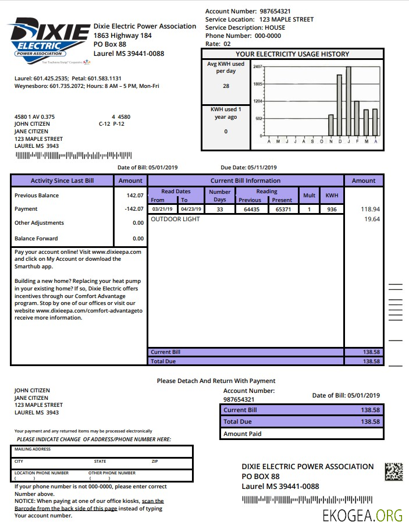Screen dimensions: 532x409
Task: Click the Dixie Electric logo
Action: (49, 41)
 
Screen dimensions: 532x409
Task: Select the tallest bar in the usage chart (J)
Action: (348, 101)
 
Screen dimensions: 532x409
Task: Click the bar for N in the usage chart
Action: (331, 125)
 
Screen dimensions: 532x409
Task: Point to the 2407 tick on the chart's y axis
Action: (258, 67)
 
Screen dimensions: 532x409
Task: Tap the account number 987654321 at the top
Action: (275, 11)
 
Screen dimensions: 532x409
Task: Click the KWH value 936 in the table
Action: (332, 209)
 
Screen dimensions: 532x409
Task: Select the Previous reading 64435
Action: (251, 209)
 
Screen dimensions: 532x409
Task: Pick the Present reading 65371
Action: (283, 209)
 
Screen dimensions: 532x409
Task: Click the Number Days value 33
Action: (219, 209)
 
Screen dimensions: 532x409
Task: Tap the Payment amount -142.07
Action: (134, 209)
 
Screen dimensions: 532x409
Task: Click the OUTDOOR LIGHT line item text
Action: (175, 219)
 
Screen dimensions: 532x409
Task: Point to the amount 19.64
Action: (372, 219)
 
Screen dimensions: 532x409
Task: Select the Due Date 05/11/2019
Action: (267, 168)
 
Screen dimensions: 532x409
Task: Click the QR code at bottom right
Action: (394, 471)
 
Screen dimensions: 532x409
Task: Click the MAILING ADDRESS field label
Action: (33, 449)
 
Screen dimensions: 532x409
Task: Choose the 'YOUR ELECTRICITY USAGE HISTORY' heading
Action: (292, 54)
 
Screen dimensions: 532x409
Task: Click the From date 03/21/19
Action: (163, 209)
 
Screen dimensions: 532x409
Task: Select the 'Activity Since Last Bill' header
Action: (62, 180)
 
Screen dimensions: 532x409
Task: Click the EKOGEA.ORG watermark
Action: (363, 515)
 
